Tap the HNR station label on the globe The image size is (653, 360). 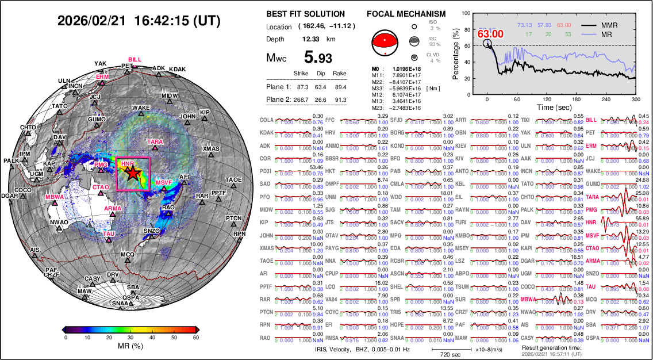(127, 164)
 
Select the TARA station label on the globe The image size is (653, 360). (155, 141)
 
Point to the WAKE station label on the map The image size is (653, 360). (141, 108)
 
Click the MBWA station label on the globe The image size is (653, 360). (55, 197)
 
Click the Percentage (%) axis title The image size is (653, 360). (456, 56)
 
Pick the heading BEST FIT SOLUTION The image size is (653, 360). (306, 14)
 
